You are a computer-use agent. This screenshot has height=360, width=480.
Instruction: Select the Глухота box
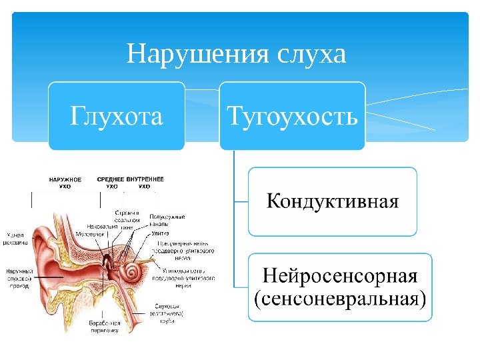pyautogui.click(x=117, y=116)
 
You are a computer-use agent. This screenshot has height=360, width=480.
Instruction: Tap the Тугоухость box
pyautogui.click(x=293, y=116)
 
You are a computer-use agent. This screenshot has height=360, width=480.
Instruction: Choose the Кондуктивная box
pyautogui.click(x=332, y=201)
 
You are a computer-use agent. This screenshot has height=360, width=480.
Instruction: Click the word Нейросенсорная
pyautogui.click(x=340, y=275)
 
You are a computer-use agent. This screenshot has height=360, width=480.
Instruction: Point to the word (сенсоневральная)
pyautogui.click(x=340, y=298)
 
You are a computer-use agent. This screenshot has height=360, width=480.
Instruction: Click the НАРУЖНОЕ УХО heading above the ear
pyautogui.click(x=65, y=183)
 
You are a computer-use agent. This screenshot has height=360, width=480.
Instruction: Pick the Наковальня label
pyautogui.click(x=102, y=227)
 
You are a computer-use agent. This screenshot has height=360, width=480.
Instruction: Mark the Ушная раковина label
pyautogui.click(x=17, y=239)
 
